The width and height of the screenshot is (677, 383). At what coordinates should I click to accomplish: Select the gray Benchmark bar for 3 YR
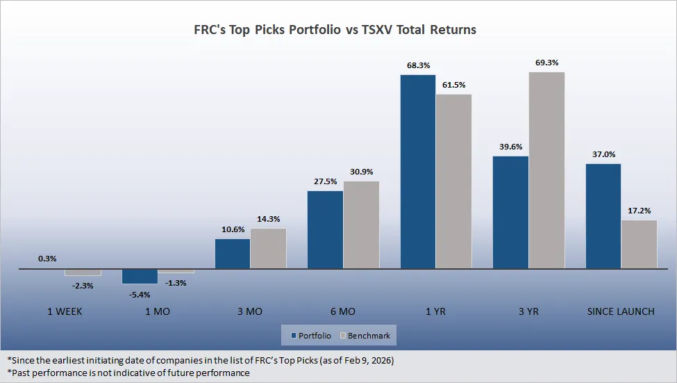point(546,170)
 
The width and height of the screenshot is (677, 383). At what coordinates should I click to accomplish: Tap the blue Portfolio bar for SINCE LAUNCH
point(603,216)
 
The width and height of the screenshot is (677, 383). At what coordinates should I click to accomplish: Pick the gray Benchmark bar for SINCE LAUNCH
point(639,244)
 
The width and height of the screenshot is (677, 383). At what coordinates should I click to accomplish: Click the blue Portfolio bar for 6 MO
point(325,229)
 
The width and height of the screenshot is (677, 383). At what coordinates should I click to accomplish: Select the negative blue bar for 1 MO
point(140,276)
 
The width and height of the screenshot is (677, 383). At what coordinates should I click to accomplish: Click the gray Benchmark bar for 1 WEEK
point(83,272)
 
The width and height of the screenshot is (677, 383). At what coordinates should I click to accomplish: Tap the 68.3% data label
point(417,65)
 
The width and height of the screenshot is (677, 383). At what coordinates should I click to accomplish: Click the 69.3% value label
point(546,63)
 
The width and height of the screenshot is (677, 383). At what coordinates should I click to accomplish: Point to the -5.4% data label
point(140,293)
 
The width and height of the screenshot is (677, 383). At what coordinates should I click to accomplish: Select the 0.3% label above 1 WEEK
point(47,258)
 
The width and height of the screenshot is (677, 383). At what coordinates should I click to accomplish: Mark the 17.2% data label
point(639,211)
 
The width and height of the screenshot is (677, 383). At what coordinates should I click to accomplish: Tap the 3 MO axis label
point(249,311)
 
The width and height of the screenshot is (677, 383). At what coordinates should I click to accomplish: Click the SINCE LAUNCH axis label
point(621,311)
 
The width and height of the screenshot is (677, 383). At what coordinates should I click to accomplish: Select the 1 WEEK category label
point(65,311)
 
